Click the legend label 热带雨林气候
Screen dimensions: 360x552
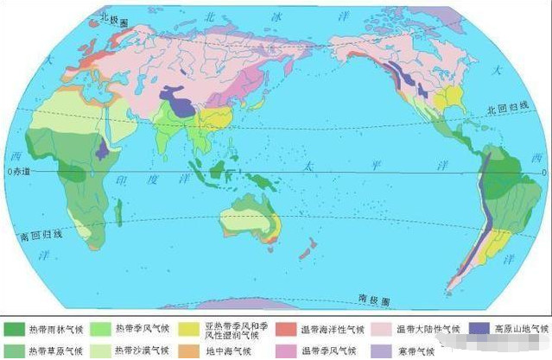[x=57, y=329]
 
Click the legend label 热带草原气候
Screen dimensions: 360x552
[x=57, y=351]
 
